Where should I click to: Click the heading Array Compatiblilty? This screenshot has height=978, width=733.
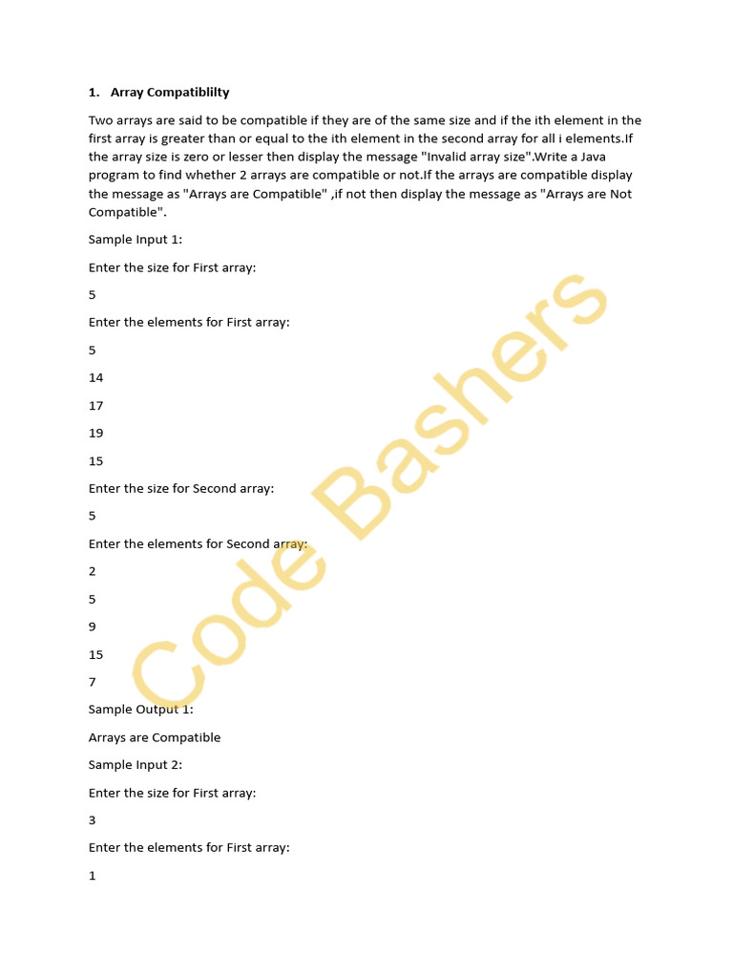[x=170, y=93]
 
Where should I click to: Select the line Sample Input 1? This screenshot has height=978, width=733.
[x=135, y=240]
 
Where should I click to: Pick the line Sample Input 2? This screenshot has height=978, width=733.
[x=135, y=765]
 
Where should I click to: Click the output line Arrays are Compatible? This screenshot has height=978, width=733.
[x=155, y=737]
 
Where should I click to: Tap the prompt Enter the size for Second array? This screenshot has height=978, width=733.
[x=181, y=488]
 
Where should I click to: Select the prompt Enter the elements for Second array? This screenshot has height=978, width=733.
[x=198, y=543]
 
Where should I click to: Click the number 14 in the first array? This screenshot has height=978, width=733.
[x=95, y=377]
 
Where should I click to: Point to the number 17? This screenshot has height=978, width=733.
[x=95, y=405]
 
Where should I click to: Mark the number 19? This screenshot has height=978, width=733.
[x=95, y=433]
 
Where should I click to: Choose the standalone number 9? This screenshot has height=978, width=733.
[x=93, y=627]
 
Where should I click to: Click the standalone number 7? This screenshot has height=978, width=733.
[x=93, y=682]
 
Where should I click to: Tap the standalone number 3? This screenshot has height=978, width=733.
[x=93, y=820]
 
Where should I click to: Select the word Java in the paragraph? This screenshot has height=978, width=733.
[x=615, y=157]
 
